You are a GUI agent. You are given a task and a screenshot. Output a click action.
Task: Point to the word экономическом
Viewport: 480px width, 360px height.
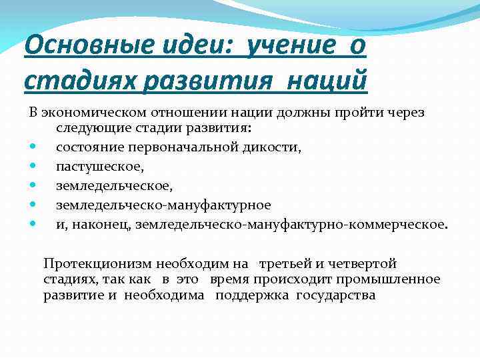coord(93,112)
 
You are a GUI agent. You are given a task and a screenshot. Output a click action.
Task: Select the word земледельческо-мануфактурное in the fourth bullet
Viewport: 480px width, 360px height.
coord(163,205)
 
